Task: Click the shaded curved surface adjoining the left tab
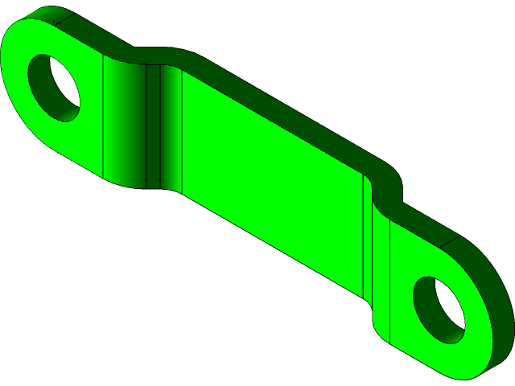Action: click(125, 121)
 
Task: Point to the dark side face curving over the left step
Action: click(153, 55)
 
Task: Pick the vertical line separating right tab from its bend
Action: click(390, 281)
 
